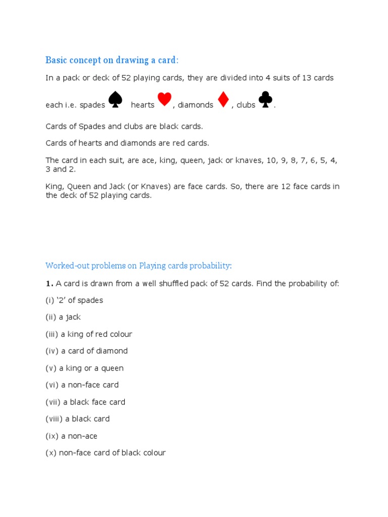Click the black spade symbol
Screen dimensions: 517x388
pyautogui.click(x=116, y=99)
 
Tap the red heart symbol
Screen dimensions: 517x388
pyautogui.click(x=164, y=99)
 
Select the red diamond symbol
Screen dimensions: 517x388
pyautogui.click(x=223, y=99)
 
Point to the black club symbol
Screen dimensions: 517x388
pyautogui.click(x=265, y=99)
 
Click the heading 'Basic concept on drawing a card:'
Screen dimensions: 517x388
pyautogui.click(x=112, y=61)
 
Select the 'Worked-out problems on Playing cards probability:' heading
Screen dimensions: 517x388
pyautogui.click(x=138, y=266)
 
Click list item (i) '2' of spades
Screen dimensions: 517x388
pyautogui.click(x=74, y=300)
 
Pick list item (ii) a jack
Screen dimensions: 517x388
pyautogui.click(x=63, y=317)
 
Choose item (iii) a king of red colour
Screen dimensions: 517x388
pyautogui.click(x=89, y=334)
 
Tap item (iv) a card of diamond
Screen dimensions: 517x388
pyautogui.click(x=86, y=351)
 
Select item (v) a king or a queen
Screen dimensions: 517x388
pyautogui.click(x=84, y=368)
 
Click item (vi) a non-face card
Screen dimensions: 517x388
pyautogui.click(x=82, y=385)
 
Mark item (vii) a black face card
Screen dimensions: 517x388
pyautogui.click(x=85, y=402)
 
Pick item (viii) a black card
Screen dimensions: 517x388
pyautogui.click(x=77, y=419)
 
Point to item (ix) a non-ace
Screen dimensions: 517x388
pyautogui.click(x=71, y=436)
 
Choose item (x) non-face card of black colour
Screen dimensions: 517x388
pyautogui.click(x=106, y=453)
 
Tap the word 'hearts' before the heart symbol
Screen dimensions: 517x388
pyautogui.click(x=142, y=105)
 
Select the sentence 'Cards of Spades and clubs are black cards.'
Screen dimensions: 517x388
pyautogui.click(x=124, y=126)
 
